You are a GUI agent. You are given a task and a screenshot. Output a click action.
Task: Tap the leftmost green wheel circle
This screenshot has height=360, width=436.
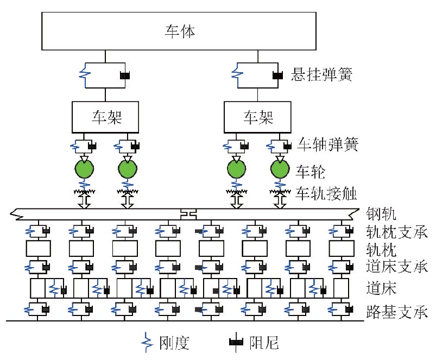coord(84,169)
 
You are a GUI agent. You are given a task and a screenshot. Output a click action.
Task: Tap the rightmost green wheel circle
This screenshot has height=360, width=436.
coord(280,169)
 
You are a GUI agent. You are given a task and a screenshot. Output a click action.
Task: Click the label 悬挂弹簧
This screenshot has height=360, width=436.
coord(322,74)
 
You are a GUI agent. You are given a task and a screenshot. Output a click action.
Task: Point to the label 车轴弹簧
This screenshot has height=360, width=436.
coord(327,144)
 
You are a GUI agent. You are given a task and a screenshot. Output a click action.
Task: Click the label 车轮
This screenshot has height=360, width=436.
coord(311,172)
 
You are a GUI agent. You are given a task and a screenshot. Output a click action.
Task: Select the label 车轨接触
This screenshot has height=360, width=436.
coord(326,193)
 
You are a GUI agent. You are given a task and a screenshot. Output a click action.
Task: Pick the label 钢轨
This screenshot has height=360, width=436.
coord(381,214)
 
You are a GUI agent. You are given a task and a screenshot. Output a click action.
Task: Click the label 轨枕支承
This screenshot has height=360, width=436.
coord(397,232)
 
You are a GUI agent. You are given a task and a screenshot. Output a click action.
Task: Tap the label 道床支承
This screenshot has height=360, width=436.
coord(397,266)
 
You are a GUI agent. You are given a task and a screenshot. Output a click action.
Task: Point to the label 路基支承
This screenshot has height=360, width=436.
coord(397,312)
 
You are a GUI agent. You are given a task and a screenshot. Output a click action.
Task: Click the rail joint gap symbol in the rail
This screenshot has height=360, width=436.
coord(188,214)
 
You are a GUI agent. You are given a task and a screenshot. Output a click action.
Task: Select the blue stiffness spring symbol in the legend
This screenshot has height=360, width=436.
coord(147,342)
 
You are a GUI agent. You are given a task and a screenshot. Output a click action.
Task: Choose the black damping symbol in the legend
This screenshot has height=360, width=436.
coord(236,342)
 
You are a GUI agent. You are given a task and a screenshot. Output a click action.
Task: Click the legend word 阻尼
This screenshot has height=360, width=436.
coord(264,343)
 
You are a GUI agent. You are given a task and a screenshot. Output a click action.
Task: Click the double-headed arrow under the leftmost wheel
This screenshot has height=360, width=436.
coord(84,201)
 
